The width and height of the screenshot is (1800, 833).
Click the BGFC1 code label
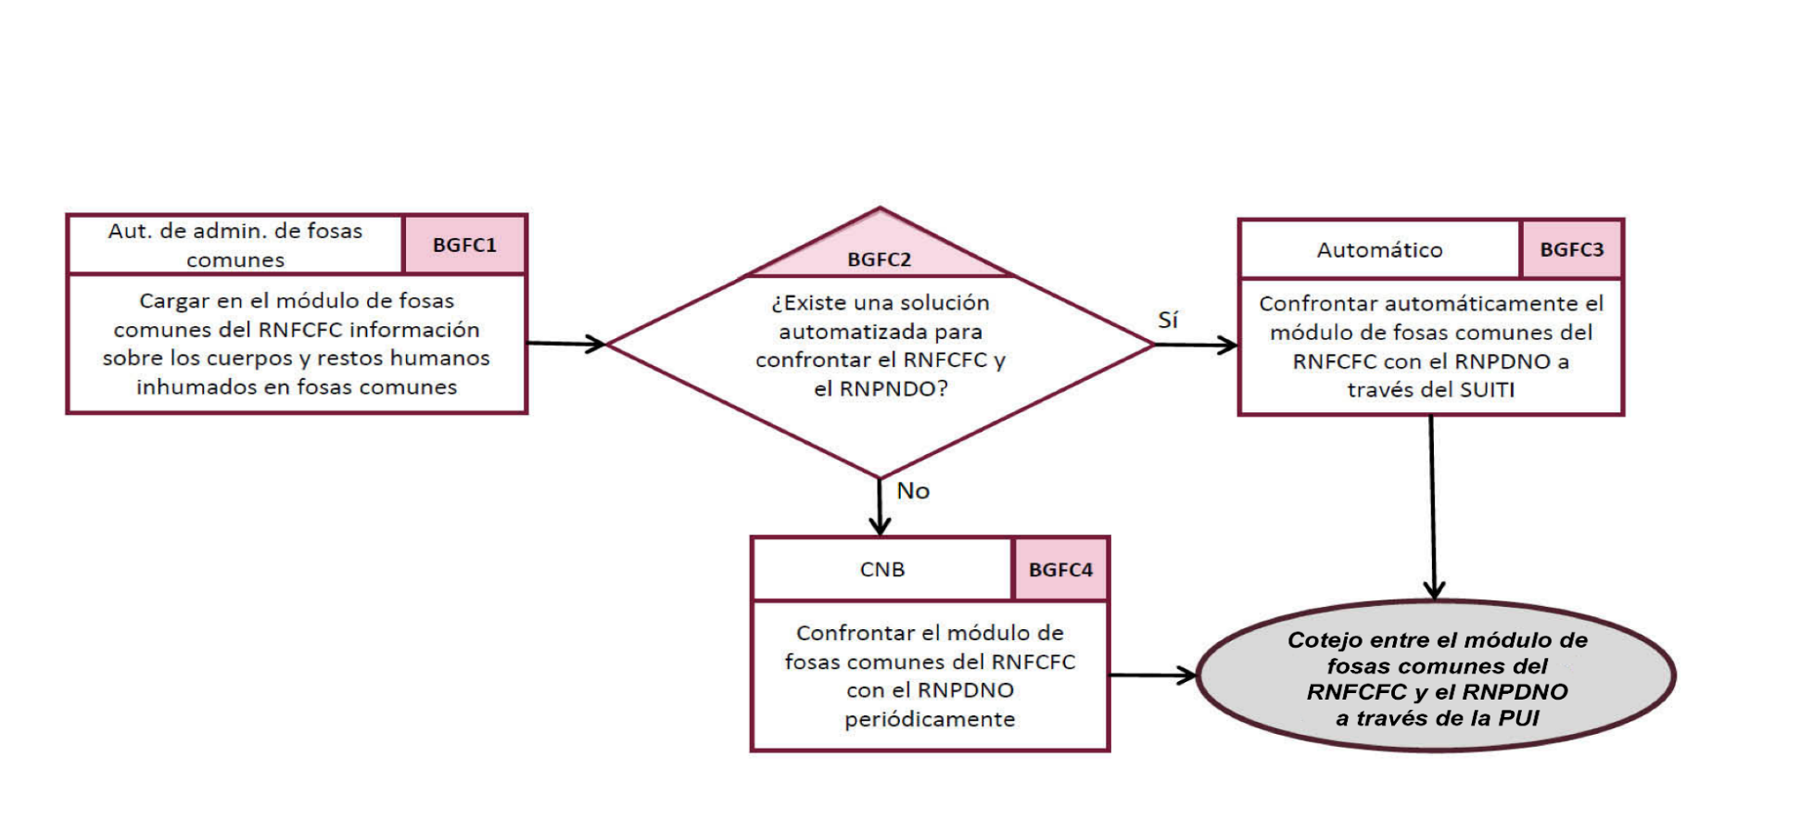click(x=464, y=246)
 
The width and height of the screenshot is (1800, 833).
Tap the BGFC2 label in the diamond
click(x=879, y=259)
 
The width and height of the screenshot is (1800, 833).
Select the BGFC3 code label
click(x=1571, y=249)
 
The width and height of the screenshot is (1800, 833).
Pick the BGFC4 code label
click(x=1060, y=570)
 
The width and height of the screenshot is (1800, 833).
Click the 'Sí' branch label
click(x=1167, y=320)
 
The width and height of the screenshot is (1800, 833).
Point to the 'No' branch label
click(x=912, y=491)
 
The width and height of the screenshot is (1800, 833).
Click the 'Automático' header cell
click(x=1379, y=250)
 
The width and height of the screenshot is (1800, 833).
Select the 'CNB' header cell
click(x=881, y=570)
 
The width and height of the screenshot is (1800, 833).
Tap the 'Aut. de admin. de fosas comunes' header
click(x=235, y=245)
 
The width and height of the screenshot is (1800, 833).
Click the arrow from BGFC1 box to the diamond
click(x=565, y=344)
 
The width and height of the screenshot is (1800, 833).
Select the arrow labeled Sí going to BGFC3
click(x=1196, y=345)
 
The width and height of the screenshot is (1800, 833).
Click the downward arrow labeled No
click(x=880, y=507)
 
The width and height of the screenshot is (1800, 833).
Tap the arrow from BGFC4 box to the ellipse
click(x=1152, y=675)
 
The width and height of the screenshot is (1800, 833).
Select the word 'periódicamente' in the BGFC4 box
click(x=929, y=720)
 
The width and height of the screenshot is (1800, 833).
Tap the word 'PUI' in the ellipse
click(x=1519, y=718)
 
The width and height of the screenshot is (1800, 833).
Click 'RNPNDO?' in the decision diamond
click(x=894, y=389)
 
